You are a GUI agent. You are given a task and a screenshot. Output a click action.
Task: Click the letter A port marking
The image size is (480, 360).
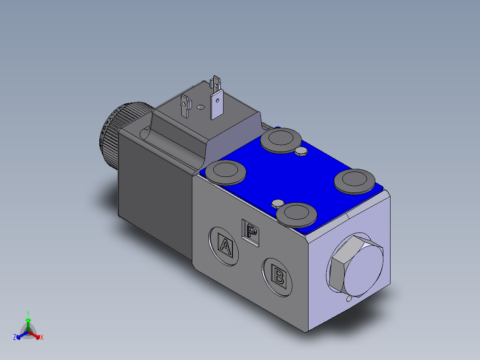coord(225,246)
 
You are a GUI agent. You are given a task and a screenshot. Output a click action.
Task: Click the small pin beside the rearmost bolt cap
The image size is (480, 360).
coord(301,151)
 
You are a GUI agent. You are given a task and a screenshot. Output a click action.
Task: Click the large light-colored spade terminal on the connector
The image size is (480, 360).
coord(216,104)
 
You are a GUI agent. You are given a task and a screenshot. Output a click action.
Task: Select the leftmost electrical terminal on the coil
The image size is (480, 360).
coord(185,106)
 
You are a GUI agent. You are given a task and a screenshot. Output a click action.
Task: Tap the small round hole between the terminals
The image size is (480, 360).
coord(200,107)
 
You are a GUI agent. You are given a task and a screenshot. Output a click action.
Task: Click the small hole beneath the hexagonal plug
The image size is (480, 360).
coord(349,299)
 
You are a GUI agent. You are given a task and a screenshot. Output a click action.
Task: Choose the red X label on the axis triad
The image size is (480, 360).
coord(41,338)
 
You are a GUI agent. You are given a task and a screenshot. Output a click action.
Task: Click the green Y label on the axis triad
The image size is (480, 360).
coord(28,313)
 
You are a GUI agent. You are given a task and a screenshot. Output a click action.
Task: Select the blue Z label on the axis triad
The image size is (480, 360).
coord(15,337)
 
